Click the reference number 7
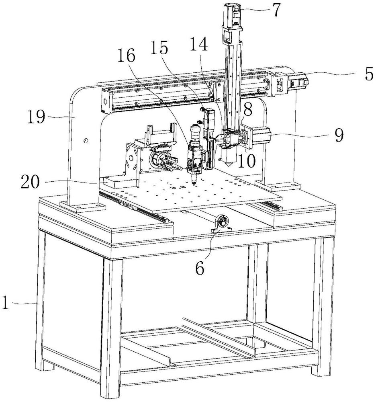coord(275,10)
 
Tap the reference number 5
coord(369,74)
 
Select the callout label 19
coord(36,117)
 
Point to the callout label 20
coord(31,182)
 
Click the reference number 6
coord(200,269)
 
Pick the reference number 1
coord(5,303)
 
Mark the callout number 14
coord(199,45)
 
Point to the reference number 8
coord(248,109)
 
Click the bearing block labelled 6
coord(222,224)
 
